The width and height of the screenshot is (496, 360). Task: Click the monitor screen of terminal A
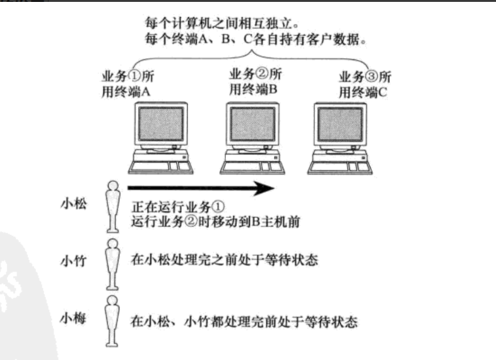point(162,124)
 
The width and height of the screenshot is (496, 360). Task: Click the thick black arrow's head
point(268,188)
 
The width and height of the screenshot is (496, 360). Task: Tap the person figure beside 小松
point(112,205)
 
